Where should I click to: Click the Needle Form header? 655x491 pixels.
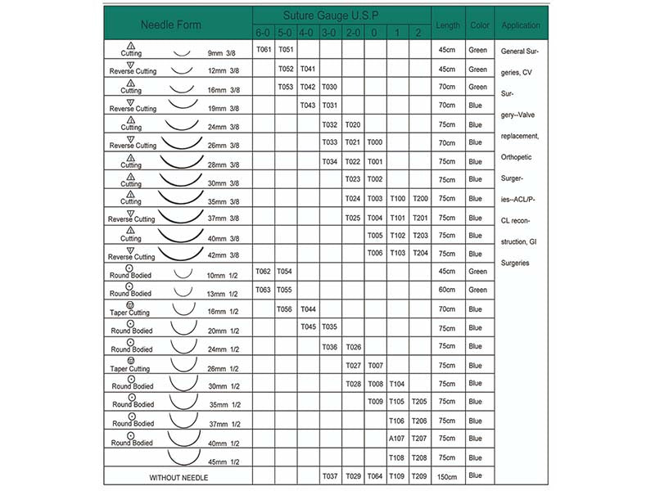click(171, 25)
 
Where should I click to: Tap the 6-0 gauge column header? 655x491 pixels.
click(263, 33)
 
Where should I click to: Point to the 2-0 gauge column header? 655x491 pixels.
click(353, 33)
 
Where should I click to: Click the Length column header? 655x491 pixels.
click(448, 25)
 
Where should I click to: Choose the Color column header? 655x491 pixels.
click(480, 25)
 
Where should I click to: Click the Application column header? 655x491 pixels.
click(521, 25)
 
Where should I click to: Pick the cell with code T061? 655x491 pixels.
click(263, 50)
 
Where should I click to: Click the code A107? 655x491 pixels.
click(397, 439)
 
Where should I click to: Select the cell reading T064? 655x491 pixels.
click(375, 475)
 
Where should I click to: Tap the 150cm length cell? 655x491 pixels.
click(448, 475)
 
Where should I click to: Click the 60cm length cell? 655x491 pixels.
click(448, 290)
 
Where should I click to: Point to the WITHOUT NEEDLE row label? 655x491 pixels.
click(178, 475)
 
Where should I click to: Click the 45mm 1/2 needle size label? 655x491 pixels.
click(224, 462)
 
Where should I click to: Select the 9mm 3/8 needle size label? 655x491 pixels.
click(222, 53)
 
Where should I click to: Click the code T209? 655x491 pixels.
click(419, 475)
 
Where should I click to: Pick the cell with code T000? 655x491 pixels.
click(375, 142)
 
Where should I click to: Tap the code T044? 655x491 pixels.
click(308, 309)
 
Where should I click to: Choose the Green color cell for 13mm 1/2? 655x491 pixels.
click(477, 290)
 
